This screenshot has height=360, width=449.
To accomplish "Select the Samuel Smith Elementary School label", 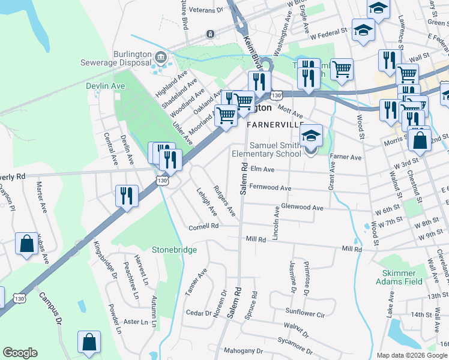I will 275,149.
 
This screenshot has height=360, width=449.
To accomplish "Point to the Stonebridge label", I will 174,250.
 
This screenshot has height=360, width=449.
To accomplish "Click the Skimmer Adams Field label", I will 399,277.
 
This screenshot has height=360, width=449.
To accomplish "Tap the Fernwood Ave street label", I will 270,188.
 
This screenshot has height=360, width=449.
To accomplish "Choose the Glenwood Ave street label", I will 303,208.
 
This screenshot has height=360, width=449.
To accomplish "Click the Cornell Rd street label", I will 204,226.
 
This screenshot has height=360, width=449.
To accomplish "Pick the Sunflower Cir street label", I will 305,313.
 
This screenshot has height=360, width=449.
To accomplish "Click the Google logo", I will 20,353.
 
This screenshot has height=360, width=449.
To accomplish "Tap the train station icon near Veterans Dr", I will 210,34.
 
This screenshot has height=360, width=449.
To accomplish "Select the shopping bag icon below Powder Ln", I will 89,341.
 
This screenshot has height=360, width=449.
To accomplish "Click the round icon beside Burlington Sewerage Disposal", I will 160,57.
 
